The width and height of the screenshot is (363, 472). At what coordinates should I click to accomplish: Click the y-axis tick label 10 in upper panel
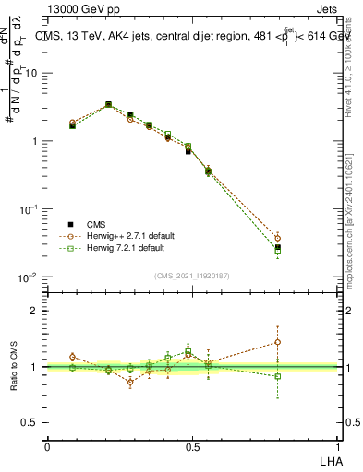(x=32, y=73)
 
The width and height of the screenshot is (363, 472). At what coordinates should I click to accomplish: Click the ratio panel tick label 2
(x=34, y=311)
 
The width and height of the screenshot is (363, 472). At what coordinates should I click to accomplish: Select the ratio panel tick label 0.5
(x=30, y=421)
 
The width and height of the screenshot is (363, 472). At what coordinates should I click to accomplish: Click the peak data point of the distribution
(x=108, y=104)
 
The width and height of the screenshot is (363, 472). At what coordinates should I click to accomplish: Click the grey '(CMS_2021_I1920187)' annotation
(x=191, y=275)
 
